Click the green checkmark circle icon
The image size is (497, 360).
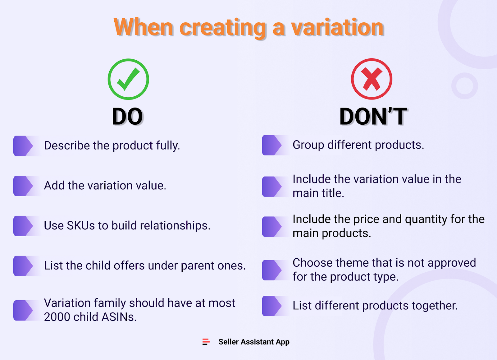[128, 79]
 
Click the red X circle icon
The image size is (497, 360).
[372, 79]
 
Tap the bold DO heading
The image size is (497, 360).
[127, 117]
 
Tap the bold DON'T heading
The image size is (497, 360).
[373, 117]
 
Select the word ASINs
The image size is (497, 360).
[119, 317]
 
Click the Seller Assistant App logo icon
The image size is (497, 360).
[206, 342]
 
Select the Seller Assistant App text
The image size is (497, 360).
[254, 342]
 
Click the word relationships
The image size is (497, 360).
[175, 225]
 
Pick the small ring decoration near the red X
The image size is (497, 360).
[464, 86]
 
